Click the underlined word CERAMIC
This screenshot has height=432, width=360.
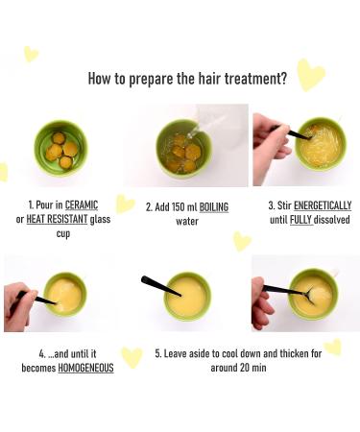(83, 205)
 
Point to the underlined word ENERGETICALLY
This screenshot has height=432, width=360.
(324, 205)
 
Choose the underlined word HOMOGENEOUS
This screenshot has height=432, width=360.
(86, 367)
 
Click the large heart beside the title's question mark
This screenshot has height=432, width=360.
(310, 73)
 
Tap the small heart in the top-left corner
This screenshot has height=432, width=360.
(31, 54)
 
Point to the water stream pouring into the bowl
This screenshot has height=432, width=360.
(197, 129)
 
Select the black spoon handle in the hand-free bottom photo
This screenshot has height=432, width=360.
(156, 284)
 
